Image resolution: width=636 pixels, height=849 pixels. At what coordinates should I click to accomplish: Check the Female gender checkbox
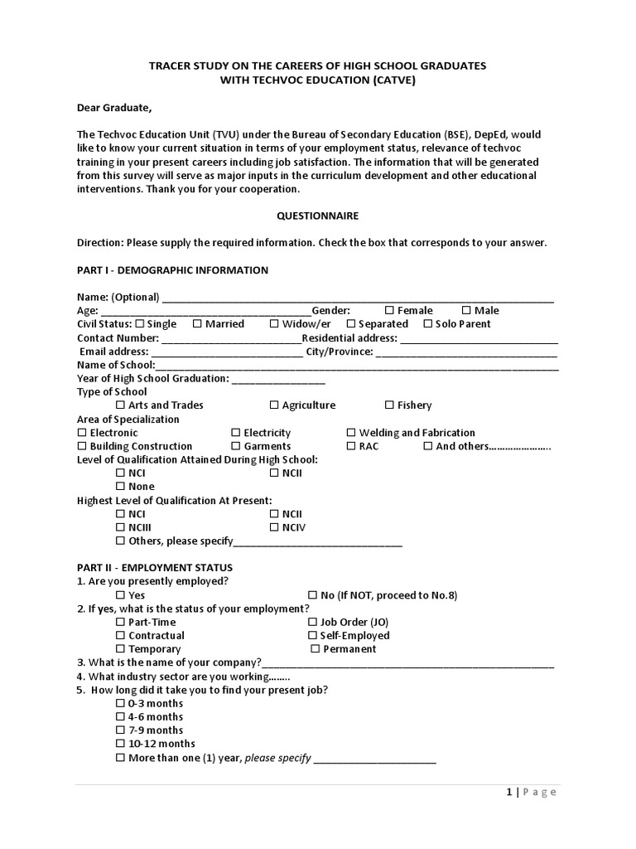click(x=389, y=310)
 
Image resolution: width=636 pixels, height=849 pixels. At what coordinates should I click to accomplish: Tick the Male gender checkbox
click(x=466, y=310)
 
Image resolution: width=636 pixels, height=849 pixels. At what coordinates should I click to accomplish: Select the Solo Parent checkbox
click(x=428, y=324)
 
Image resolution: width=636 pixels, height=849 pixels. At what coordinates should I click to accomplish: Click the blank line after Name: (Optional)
click(x=358, y=297)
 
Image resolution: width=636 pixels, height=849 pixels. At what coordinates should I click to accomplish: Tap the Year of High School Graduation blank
click(x=278, y=378)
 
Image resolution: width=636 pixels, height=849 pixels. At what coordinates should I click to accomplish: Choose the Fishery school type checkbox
click(x=389, y=405)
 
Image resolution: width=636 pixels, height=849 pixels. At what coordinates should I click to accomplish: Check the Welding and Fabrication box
click(x=351, y=433)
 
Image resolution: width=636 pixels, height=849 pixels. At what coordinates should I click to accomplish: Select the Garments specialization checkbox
click(x=236, y=446)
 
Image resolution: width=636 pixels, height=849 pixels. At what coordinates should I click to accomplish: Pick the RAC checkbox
click(x=351, y=446)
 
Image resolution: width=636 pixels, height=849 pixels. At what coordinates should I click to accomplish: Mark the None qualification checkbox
click(x=121, y=487)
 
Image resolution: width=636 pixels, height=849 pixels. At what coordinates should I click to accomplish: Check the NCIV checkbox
click(x=274, y=527)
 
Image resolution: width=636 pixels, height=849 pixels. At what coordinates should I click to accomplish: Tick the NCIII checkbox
click(x=121, y=527)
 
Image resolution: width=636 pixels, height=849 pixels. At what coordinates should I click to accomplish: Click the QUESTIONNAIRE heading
click(x=317, y=216)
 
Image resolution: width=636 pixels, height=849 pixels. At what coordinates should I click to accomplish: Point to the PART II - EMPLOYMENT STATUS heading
click(x=155, y=568)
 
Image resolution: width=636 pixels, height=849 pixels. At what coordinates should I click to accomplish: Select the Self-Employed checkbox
click(x=312, y=636)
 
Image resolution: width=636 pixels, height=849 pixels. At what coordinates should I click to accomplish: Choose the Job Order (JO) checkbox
click(x=312, y=622)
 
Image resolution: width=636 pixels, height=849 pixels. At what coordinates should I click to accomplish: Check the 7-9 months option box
click(x=121, y=730)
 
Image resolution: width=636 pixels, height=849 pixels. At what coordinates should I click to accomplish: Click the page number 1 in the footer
click(x=509, y=792)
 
